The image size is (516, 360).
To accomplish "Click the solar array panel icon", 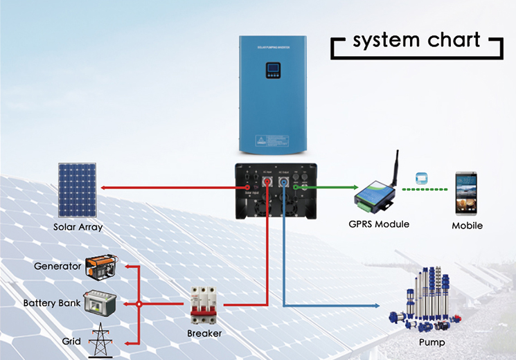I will tap(78, 190).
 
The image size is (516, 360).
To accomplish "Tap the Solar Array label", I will tap(78, 227).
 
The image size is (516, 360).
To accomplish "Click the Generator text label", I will tap(58, 267).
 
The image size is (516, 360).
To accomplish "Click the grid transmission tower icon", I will tap(103, 340).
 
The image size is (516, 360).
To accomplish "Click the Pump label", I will tap(432, 342).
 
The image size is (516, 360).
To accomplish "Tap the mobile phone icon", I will tap(466, 192).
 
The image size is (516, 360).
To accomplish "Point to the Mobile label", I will tap(467, 226).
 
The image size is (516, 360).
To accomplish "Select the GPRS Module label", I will tap(378, 224).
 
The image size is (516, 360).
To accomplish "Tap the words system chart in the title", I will tap(416, 40).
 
